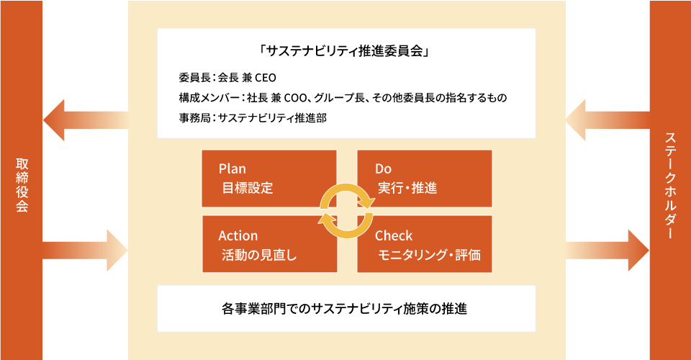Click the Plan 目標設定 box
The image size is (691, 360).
click(268, 179)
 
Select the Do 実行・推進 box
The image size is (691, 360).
click(425, 179)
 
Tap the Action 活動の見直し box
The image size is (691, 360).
click(269, 244)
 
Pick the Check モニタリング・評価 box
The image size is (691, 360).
click(425, 244)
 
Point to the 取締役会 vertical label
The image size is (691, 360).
click(22, 185)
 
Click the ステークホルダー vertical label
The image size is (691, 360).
click(670, 186)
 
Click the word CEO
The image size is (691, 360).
click(266, 78)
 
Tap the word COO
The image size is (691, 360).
click(295, 97)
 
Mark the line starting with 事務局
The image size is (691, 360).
click(253, 117)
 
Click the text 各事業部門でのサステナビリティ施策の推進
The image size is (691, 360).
click(344, 308)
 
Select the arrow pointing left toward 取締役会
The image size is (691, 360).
click(86, 120)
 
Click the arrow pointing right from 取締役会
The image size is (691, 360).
click(85, 251)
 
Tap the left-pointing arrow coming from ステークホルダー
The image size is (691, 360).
click(608, 120)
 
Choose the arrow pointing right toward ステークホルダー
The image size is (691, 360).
click(608, 251)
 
